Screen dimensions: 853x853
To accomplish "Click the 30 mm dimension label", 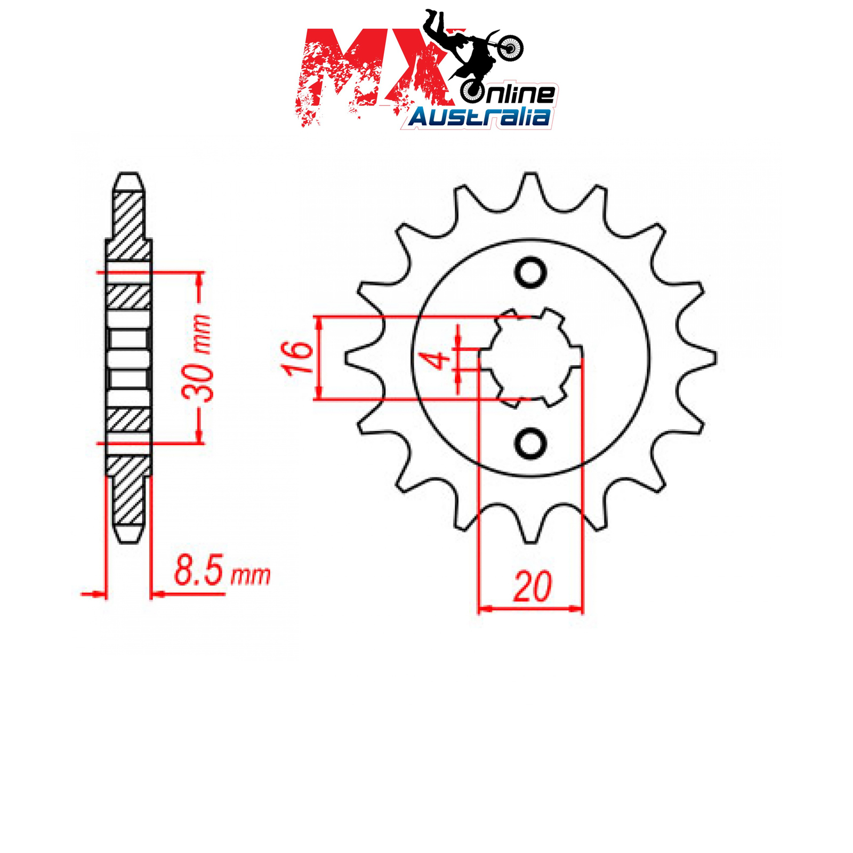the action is click(197, 357).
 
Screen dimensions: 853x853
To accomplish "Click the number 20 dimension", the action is click(532, 587).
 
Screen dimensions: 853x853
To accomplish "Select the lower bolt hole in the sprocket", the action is click(530, 442).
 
